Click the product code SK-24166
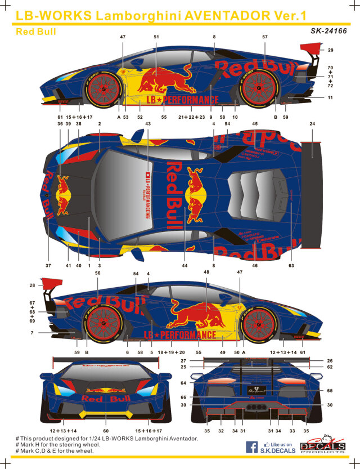(x=328, y=31)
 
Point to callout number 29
(x=330, y=51)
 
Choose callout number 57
(x=264, y=37)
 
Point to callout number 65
(x=329, y=390)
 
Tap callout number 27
(x=183, y=360)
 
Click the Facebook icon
(x=253, y=447)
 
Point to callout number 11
(x=330, y=98)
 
